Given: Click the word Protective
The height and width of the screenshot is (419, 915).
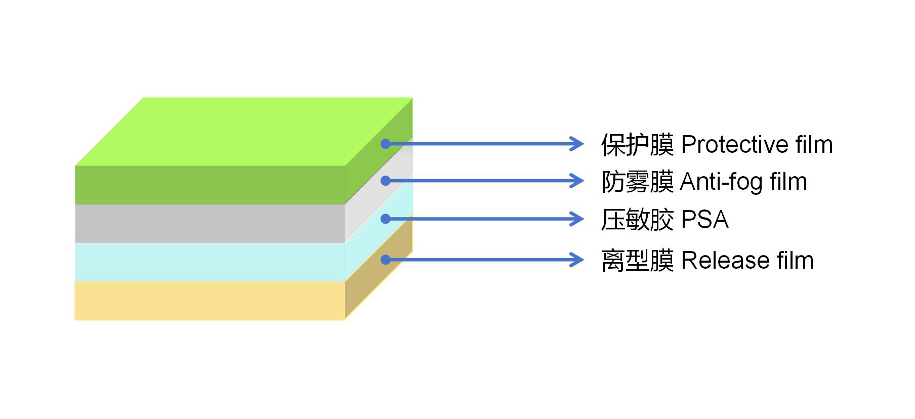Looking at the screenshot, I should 735,145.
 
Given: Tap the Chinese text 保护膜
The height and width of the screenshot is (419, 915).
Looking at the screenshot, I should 637,145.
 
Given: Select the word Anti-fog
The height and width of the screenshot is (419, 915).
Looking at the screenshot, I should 721,182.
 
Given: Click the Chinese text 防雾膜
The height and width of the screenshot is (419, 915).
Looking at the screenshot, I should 637,182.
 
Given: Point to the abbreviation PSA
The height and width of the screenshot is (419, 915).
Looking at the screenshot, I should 704,220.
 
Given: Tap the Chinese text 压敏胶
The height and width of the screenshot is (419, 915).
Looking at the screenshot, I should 637,220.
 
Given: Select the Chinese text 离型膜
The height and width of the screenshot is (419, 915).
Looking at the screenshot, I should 637,261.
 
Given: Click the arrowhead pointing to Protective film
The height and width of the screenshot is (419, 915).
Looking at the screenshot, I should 577,144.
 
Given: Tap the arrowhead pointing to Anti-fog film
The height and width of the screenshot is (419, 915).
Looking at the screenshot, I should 577,181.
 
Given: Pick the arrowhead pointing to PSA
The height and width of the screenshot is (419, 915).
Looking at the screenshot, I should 577,219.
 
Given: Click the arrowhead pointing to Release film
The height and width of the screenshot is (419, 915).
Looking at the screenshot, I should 577,260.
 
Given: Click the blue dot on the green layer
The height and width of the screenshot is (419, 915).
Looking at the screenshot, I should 386,144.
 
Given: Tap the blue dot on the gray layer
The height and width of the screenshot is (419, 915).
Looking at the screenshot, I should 386,181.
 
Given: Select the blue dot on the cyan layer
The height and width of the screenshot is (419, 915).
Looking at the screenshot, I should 386,219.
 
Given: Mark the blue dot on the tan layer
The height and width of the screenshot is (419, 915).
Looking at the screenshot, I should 386,260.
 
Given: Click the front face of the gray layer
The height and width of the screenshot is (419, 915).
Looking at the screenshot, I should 210,223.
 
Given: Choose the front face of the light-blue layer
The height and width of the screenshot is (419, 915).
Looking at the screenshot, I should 210,262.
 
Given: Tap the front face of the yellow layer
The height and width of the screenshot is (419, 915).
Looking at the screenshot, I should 210,301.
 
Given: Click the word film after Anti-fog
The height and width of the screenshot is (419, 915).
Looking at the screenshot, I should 788,182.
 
